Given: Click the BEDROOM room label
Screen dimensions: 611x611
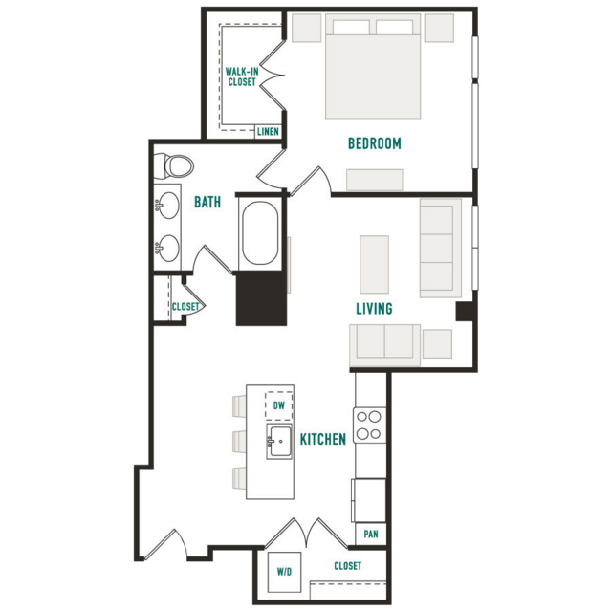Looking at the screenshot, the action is (375, 143).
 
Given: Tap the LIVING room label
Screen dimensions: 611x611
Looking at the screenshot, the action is (374, 309).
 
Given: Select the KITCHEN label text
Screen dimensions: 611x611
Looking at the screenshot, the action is (323, 439).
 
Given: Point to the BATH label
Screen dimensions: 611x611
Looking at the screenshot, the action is (207, 202).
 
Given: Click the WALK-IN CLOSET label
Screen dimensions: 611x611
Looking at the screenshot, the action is (242, 76).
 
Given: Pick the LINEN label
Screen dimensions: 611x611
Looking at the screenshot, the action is (268, 132).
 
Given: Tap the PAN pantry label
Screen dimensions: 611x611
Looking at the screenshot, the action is (371, 534).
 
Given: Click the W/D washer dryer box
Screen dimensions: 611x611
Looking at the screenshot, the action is (284, 572).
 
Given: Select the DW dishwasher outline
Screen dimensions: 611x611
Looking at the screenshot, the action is (278, 405).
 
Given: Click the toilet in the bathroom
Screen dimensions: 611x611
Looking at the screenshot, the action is (173, 165).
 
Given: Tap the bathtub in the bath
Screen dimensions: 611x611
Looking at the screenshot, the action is (260, 233).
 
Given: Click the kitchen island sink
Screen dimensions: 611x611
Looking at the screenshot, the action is (279, 442).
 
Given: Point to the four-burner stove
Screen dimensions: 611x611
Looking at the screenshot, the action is (369, 426).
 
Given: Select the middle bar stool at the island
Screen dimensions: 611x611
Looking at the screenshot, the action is (239, 442).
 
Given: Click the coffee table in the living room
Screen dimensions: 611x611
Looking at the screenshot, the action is (374, 265).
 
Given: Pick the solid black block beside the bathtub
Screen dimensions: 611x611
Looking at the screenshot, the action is (261, 298).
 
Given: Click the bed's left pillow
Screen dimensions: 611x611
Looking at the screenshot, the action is (351, 28).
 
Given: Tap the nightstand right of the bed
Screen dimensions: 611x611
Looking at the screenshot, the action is (439, 28).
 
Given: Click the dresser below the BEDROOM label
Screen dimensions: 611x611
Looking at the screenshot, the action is (375, 180).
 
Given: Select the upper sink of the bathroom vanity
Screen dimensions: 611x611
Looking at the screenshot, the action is (167, 206).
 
